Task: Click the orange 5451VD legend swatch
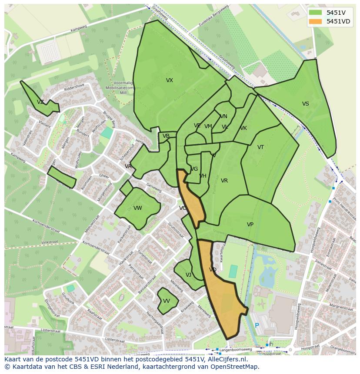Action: click(x=316, y=21)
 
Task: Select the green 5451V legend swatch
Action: click(x=316, y=13)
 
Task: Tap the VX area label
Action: click(x=170, y=80)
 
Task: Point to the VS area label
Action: click(x=306, y=104)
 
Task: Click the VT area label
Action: click(x=260, y=147)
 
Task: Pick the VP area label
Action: click(x=250, y=225)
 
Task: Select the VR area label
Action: click(x=224, y=181)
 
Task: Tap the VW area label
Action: click(x=138, y=208)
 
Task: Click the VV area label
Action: click(x=167, y=301)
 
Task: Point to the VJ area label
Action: click(x=188, y=275)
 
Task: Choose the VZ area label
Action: click(x=40, y=102)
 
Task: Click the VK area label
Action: click(x=243, y=128)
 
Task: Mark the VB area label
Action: click(x=166, y=136)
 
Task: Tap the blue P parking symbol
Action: click(x=257, y=325)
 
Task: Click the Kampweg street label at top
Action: click(x=80, y=30)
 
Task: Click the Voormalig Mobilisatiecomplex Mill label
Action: click(x=118, y=87)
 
